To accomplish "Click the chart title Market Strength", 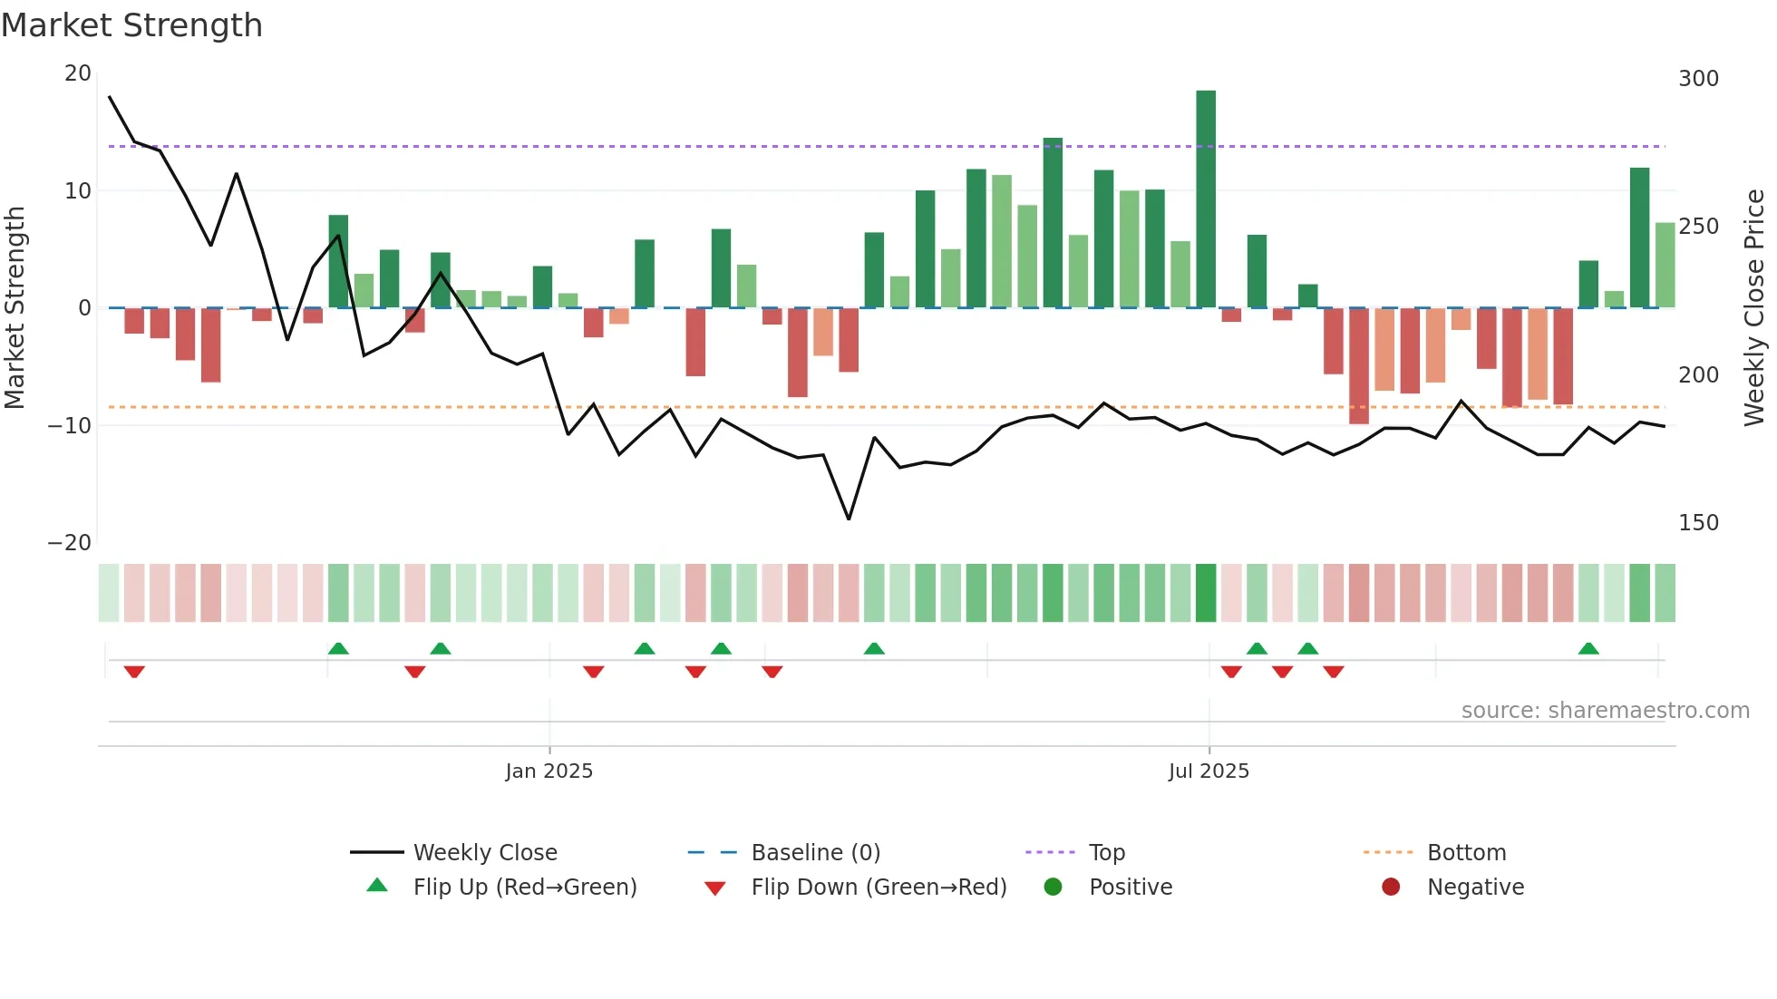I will (131, 25).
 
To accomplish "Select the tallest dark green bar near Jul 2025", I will (1206, 199).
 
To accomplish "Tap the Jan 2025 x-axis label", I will (549, 771).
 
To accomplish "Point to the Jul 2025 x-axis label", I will (1209, 771).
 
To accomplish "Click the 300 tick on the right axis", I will (1698, 79).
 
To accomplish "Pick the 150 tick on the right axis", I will (1698, 523).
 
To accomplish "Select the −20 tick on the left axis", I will (70, 543).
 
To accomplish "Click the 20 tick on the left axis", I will (78, 73).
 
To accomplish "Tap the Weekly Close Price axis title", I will (1754, 308).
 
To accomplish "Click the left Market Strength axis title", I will (15, 308).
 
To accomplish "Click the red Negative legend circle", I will (1391, 887).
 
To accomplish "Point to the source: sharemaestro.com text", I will (1605, 711).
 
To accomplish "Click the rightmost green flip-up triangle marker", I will (1588, 649).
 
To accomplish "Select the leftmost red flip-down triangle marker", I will (134, 672).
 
